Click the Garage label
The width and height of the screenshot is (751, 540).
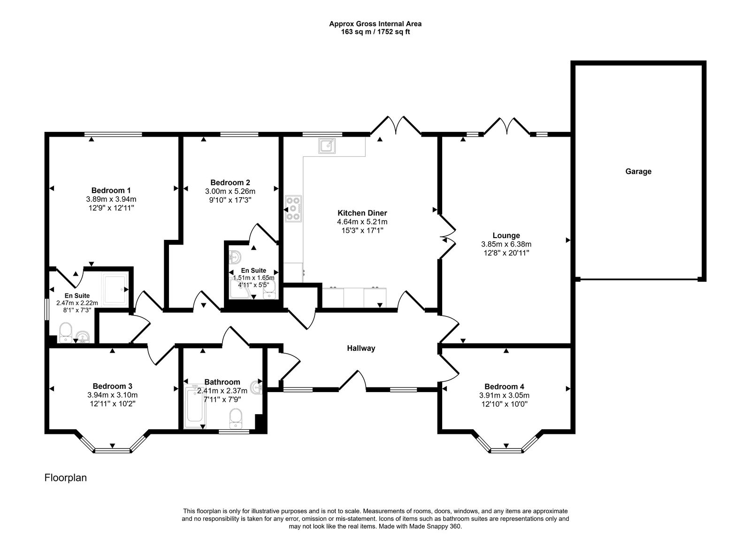[x=638, y=171]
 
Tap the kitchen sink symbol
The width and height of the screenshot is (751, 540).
[x=327, y=146]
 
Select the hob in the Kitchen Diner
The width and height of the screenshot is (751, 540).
[x=293, y=208]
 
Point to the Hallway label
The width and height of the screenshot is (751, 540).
[x=361, y=348]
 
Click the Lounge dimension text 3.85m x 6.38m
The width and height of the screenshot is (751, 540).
[x=506, y=244]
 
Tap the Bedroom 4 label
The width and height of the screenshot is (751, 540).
[x=500, y=386]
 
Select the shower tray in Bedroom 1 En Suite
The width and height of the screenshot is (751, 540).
[x=115, y=290]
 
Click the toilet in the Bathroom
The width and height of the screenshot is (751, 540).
[x=236, y=417]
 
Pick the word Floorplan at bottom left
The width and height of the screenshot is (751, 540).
[x=66, y=478]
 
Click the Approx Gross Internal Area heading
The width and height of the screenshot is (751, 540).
[x=375, y=24]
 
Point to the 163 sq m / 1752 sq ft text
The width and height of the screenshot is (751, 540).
[x=375, y=32]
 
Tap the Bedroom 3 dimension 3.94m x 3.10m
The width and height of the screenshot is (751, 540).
[x=112, y=395]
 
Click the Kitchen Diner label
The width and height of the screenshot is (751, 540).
[x=362, y=213]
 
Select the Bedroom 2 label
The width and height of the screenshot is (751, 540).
[x=230, y=183]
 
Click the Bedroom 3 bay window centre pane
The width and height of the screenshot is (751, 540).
[x=112, y=451]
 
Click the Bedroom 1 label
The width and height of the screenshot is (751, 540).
[x=111, y=190]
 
